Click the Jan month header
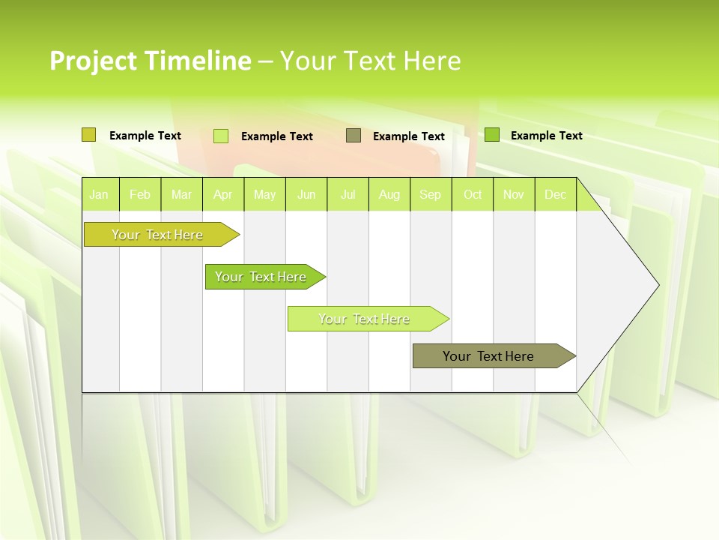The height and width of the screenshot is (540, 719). pos(99,194)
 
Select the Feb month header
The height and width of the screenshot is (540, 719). pos(140,194)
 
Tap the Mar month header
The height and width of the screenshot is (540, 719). pos(181,194)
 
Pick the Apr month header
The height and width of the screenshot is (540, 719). pos(223,194)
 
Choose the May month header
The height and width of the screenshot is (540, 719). pos(264,194)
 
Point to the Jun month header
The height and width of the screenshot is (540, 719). pos(306,194)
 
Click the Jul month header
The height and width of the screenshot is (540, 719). pos(348,194)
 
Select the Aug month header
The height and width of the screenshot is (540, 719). pos(389,194)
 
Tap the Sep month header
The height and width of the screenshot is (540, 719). pos(431,194)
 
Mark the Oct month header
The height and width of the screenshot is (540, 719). pos(473,194)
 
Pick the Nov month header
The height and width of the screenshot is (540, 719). pos(514,194)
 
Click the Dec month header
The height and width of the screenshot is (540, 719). pos(556,194)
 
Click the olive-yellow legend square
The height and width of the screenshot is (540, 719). pos(89,135)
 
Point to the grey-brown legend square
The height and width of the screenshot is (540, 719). pos(354,135)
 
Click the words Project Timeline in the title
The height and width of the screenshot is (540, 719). pos(150,61)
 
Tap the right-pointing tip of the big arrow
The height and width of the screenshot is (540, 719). pos(656,284)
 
